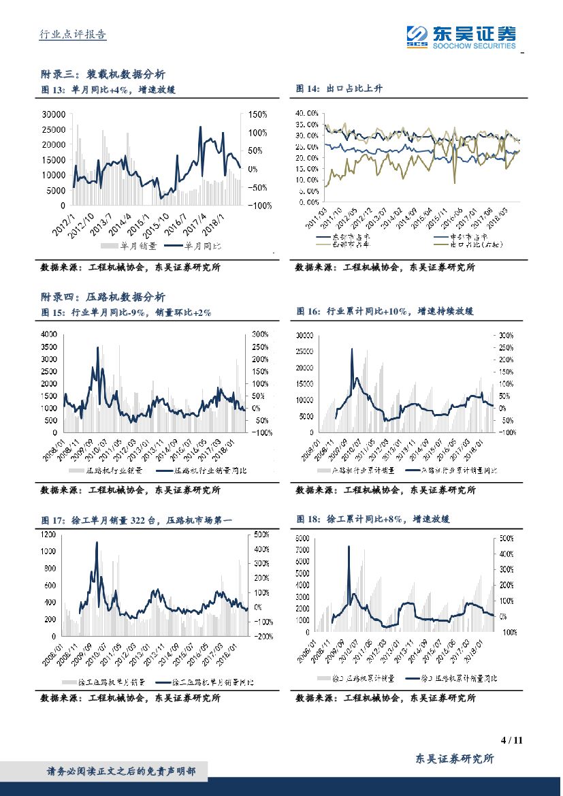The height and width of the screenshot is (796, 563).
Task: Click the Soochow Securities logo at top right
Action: (x=460, y=36)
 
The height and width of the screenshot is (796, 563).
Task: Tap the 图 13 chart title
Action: (x=108, y=89)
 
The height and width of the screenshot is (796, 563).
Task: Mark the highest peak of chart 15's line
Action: (x=97, y=347)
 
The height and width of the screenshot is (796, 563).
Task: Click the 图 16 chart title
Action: (x=385, y=311)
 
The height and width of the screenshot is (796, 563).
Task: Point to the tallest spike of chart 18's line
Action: (x=349, y=546)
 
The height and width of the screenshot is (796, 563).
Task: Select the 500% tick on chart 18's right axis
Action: (x=506, y=538)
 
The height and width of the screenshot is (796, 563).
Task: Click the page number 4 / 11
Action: (x=511, y=740)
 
